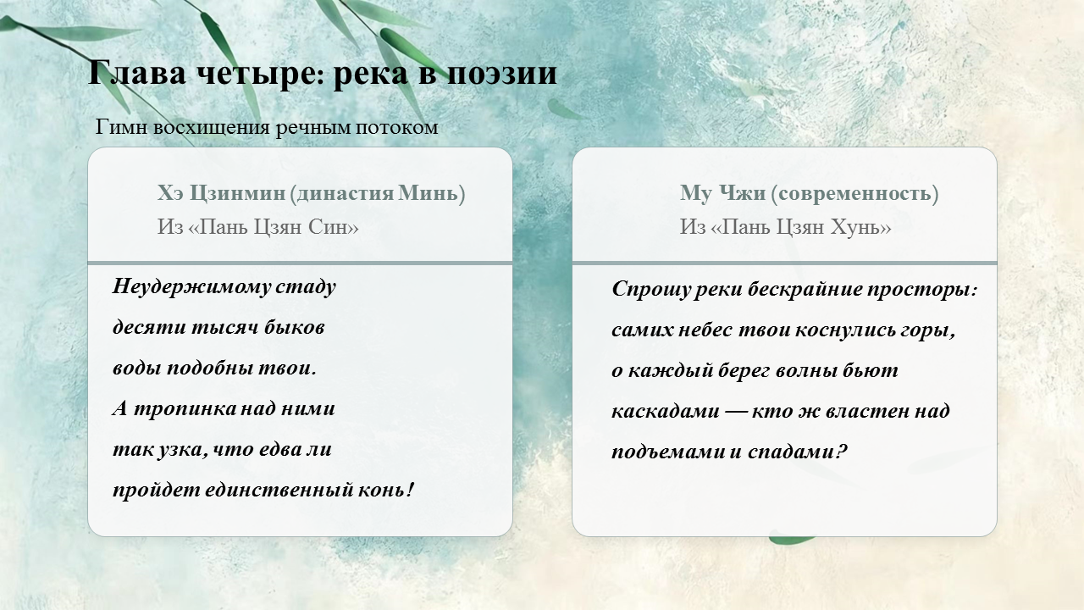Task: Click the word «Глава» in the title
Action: (x=137, y=73)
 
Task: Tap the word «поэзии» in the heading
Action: (x=502, y=74)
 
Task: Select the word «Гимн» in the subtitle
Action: (x=121, y=127)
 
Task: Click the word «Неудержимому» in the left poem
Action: (x=191, y=286)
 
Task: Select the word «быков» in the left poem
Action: (x=294, y=327)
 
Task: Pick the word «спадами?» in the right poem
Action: (x=798, y=452)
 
